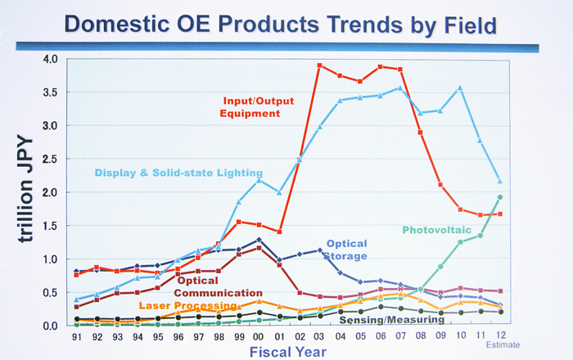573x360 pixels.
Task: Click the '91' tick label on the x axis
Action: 76,335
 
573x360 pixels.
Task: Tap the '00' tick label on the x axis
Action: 259,335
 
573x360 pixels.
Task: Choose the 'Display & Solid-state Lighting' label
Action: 178,173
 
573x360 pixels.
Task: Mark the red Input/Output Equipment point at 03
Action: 319,65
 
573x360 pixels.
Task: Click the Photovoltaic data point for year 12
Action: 500,197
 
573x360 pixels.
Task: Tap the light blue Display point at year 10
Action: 460,88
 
